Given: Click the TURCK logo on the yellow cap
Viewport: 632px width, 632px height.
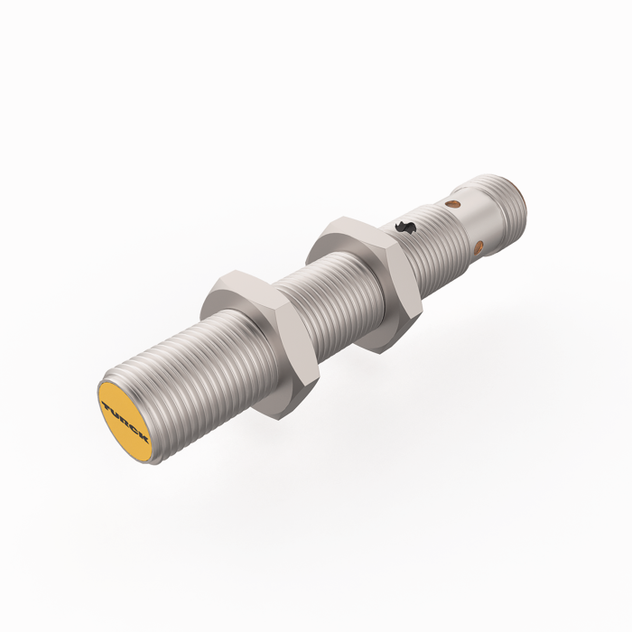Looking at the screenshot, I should click(125, 420).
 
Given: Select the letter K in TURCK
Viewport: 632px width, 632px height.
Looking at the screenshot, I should click(144, 438).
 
